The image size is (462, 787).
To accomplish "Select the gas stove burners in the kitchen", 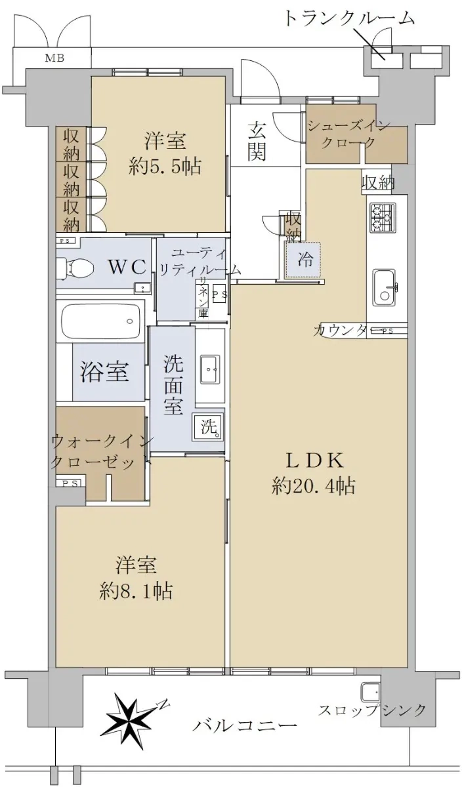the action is click(383, 218).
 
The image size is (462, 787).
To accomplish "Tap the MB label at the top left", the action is click(54, 58).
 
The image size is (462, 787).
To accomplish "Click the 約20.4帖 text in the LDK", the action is click(313, 486).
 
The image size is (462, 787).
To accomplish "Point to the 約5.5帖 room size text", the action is click(165, 166).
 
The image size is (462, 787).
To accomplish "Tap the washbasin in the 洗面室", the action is click(210, 369).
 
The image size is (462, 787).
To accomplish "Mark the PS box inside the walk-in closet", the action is click(70, 483).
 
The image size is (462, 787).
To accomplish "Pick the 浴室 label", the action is click(104, 371).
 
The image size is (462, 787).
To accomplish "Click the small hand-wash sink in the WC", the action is click(143, 289).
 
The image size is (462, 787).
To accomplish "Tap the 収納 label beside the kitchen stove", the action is click(378, 183).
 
